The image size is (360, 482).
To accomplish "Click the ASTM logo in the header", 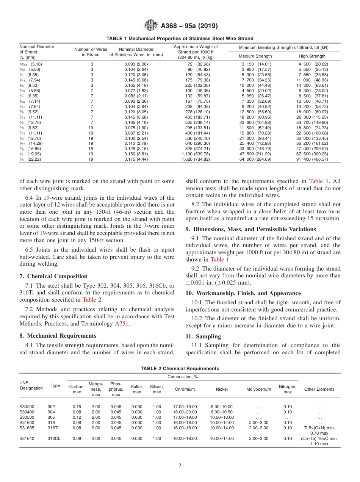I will point(151,26).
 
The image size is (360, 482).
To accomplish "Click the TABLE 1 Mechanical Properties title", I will point(180,39).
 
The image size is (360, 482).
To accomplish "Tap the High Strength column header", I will point(312,56).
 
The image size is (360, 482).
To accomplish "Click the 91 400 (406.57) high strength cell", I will point(313,160).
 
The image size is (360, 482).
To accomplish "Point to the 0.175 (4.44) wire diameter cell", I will point(136,160).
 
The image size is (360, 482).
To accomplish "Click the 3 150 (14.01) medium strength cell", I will point(257,64).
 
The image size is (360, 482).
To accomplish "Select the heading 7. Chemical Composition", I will point(53,276).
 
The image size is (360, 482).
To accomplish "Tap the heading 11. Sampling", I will point(203,336).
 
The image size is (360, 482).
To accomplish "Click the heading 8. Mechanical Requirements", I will point(58,336).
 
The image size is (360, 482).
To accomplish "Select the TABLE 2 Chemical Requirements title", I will point(180,368).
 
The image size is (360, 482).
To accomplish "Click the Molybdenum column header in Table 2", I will point(258,389).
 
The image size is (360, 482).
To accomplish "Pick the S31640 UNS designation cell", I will point(27,438).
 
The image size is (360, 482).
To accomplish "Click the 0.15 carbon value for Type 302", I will point(77,407).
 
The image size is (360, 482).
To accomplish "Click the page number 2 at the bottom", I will point(180,466).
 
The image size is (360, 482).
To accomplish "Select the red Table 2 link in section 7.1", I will point(92,300).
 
